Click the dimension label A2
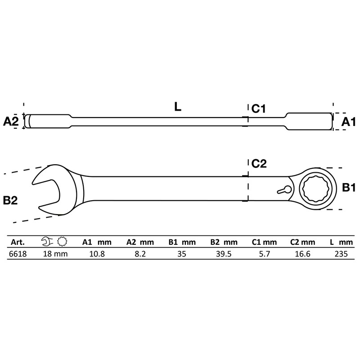click(11, 121)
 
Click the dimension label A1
click(348, 121)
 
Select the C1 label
click(260, 108)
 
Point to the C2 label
click(260, 164)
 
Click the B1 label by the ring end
click(349, 188)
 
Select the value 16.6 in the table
click(299, 254)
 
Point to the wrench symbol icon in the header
click(46, 242)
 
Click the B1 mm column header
click(182, 242)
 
